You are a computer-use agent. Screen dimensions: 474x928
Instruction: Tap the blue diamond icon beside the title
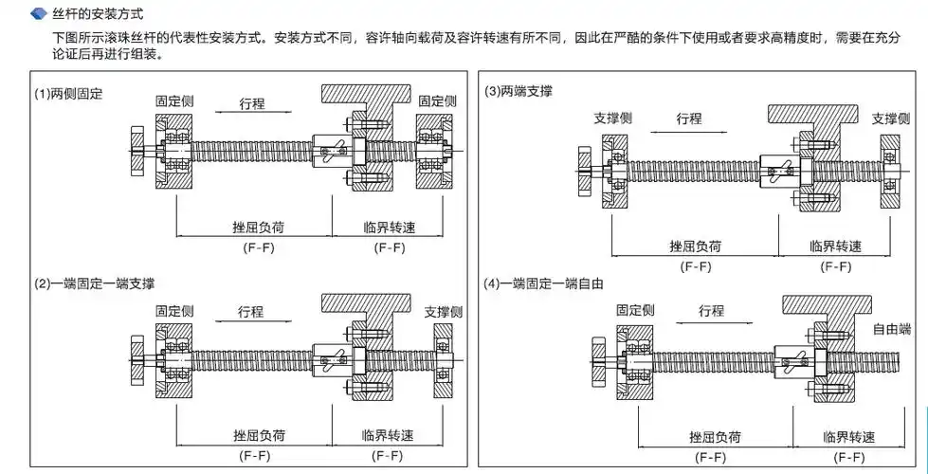tap(39, 15)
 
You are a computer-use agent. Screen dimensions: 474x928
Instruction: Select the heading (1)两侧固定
tap(68, 94)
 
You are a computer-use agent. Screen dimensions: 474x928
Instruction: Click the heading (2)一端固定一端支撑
tap(95, 283)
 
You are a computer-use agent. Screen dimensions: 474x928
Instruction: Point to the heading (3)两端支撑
tap(519, 91)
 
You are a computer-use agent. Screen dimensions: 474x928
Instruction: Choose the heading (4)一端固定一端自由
tap(544, 283)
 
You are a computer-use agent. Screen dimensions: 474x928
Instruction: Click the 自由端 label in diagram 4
tap(891, 329)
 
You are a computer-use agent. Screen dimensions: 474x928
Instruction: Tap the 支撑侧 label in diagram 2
tap(443, 312)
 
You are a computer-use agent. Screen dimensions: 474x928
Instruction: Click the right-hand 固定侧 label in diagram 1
tap(437, 100)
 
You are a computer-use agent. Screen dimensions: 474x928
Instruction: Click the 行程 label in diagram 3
tap(689, 118)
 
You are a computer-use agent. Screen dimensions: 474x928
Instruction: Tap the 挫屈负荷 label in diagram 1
tap(259, 228)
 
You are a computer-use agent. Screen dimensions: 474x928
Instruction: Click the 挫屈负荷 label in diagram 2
tap(259, 436)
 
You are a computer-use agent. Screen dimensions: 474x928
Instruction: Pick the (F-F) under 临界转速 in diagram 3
tap(836, 266)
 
